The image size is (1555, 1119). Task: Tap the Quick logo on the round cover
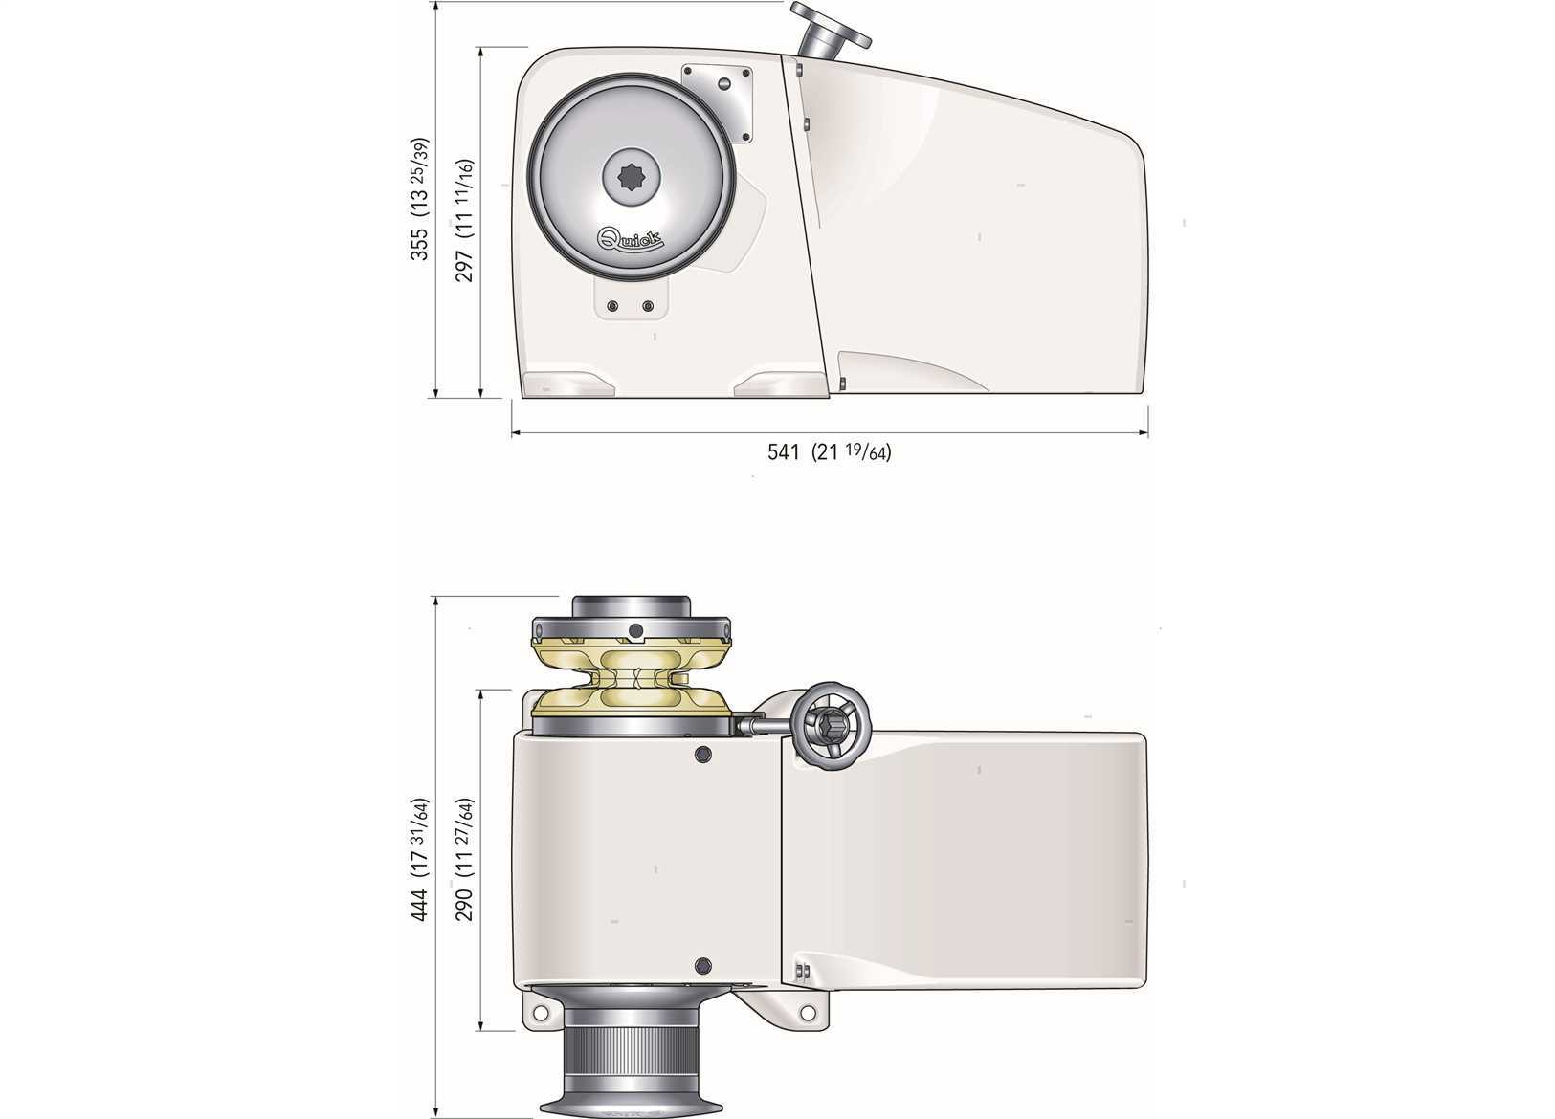coord(631,238)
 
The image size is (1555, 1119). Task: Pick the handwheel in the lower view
coord(833,726)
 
